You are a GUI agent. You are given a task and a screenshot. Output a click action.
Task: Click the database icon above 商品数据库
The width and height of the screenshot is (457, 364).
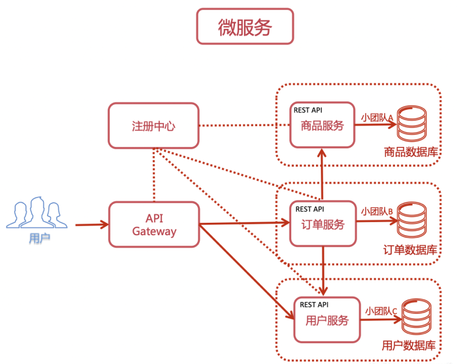411,124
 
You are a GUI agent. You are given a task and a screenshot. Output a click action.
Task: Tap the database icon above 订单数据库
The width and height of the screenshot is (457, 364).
411,220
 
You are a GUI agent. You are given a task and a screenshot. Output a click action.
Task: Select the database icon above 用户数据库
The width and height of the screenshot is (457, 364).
417,316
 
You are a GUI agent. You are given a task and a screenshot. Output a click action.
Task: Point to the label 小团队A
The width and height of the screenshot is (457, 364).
377,118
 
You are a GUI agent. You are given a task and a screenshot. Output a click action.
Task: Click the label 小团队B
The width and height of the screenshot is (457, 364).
377,212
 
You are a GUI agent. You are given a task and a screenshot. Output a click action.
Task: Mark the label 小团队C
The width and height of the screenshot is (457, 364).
381,311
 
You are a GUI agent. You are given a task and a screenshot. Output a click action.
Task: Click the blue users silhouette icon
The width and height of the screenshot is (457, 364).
37,212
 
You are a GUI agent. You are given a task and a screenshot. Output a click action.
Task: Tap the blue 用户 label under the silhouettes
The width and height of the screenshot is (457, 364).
40,239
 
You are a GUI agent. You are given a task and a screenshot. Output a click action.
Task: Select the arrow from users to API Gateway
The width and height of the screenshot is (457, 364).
92,225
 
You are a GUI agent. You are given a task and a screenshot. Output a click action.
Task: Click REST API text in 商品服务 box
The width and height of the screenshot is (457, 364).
308,110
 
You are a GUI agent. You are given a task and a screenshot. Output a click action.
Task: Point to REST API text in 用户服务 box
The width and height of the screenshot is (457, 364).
314,305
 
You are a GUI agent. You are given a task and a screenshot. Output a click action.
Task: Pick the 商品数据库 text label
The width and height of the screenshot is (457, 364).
411,152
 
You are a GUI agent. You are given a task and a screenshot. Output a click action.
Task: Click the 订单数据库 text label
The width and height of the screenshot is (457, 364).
411,250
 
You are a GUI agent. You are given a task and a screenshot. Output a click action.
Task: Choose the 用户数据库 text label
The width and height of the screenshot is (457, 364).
409,346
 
